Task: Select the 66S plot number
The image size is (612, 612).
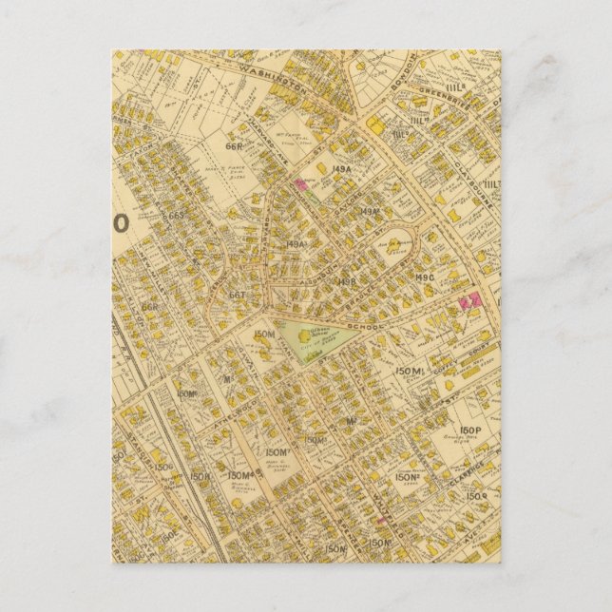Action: click(x=174, y=217)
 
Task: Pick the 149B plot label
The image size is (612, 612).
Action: click(x=349, y=282)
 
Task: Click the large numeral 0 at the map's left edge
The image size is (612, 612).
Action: click(x=121, y=224)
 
